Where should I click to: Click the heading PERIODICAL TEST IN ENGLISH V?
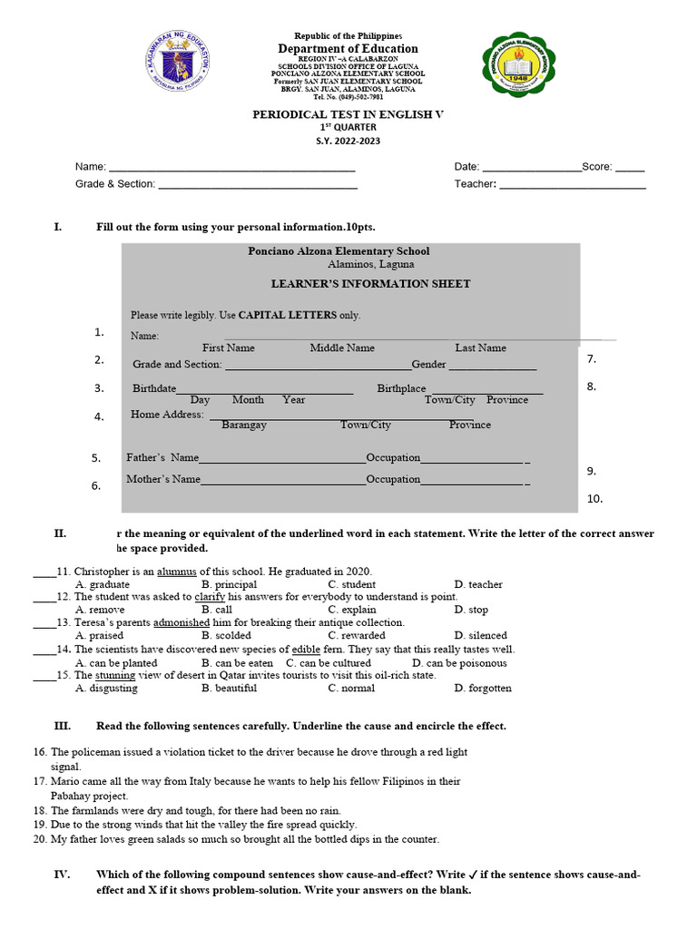[x=348, y=114]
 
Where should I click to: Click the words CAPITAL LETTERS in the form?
[x=287, y=316]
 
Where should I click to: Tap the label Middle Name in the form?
[x=342, y=347]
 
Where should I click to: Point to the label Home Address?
[x=167, y=415]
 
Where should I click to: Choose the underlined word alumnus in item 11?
[x=177, y=572]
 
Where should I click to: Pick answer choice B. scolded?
[x=226, y=636]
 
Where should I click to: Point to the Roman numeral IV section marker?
[x=62, y=875]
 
